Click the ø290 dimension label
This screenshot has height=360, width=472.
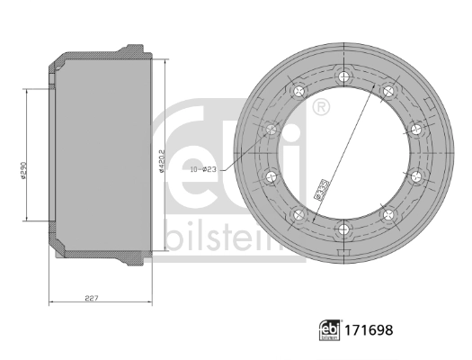(24, 170)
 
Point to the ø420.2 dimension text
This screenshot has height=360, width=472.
(161, 161)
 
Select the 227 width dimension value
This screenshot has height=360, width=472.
(92, 298)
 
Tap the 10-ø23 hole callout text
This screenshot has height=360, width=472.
(203, 169)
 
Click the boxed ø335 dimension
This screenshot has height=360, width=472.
(322, 189)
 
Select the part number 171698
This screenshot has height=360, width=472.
(369, 330)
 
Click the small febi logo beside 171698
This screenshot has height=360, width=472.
(329, 330)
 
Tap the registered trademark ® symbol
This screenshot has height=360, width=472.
(321, 106)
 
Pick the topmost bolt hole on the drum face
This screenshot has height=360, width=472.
(343, 76)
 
